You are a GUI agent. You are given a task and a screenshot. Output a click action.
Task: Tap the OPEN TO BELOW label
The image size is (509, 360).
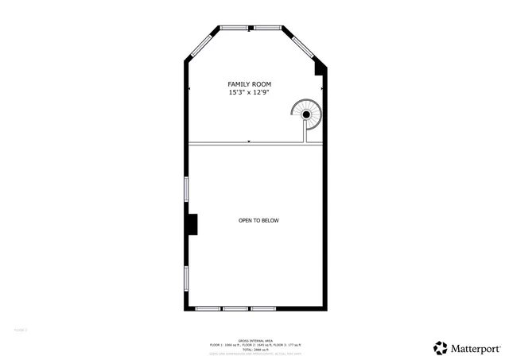258,220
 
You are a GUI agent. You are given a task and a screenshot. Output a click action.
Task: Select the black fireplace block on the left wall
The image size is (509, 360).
192,225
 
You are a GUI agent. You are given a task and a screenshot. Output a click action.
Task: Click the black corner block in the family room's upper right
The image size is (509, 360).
319,68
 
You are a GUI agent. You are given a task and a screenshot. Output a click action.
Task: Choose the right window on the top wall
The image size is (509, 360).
266,29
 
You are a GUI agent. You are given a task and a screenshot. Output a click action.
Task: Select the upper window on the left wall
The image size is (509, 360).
186,189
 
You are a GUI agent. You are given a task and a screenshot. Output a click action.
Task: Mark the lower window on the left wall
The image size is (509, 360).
186,279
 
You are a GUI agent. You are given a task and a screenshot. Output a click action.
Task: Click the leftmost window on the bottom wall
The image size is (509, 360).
208,308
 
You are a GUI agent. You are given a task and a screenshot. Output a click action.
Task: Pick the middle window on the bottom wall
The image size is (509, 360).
235,308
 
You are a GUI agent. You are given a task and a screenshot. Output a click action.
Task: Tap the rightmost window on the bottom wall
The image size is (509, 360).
262,308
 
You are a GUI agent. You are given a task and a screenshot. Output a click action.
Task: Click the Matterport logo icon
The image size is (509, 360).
441,346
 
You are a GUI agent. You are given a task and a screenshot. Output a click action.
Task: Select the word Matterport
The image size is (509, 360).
475,347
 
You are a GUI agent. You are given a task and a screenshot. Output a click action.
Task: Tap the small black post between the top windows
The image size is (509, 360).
251,29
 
